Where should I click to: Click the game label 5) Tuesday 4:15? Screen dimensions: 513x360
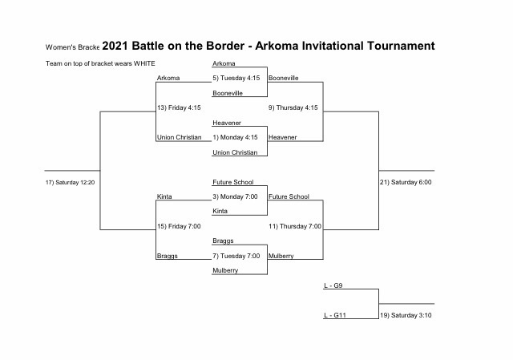click(236, 78)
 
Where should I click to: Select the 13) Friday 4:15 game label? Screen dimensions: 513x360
click(179, 107)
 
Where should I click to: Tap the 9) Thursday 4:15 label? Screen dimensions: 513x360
click(293, 107)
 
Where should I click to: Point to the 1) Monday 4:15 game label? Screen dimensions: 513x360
click(235, 137)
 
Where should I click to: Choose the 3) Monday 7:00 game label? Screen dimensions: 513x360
click(235, 196)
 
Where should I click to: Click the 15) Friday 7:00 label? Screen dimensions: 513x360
click(179, 226)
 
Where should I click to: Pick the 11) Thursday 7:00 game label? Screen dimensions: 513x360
click(295, 226)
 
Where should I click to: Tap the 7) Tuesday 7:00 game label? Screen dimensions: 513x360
click(236, 256)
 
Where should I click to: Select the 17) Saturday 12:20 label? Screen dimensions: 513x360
click(70, 182)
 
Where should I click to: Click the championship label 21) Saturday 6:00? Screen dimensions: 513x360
click(406, 182)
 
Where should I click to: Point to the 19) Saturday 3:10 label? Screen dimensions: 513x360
click(406, 315)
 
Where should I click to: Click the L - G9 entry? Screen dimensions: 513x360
click(333, 285)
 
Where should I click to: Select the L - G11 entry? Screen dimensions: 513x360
click(335, 315)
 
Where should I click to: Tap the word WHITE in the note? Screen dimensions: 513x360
click(144, 63)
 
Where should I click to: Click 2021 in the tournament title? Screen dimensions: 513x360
click(115, 46)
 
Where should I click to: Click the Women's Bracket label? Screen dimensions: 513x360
click(72, 47)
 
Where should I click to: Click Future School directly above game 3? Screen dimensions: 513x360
click(233, 182)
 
